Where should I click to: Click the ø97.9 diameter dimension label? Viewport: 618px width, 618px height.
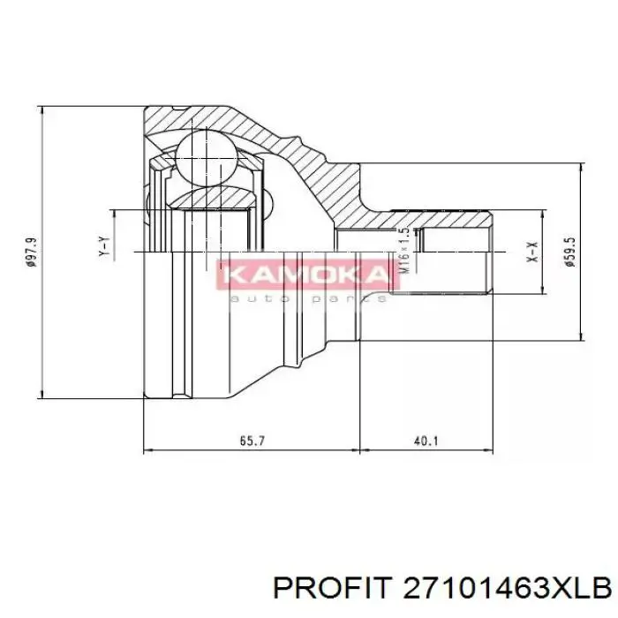point(33,252)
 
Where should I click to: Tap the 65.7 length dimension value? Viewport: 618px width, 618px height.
point(251,441)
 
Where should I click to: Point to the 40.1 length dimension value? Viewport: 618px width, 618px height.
point(425,441)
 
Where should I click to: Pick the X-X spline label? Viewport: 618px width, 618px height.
point(531,252)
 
